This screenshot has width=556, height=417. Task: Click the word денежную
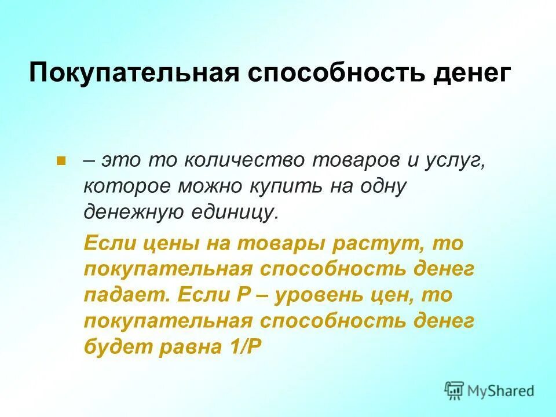(x=131, y=212)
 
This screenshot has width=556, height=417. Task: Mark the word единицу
(x=234, y=212)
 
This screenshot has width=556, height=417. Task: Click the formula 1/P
(x=243, y=346)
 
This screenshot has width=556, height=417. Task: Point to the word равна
(x=185, y=346)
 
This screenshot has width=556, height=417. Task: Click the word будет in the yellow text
(x=114, y=346)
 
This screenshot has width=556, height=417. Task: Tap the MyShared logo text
(x=500, y=390)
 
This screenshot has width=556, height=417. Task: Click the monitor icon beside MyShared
(x=455, y=390)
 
